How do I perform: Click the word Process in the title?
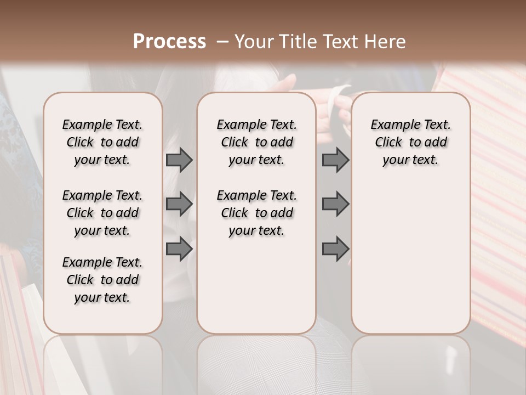point(169,42)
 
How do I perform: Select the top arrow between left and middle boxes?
point(179,160)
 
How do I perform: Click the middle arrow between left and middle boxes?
point(179,204)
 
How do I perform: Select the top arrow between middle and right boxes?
point(335,160)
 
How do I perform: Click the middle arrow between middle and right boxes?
point(335,204)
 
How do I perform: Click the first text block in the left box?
point(102,142)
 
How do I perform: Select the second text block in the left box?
point(102,213)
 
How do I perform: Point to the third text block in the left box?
point(102,280)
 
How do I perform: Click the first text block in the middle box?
point(256,142)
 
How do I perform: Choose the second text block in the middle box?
point(256,213)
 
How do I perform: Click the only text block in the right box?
point(410,142)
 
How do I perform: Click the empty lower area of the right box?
point(410,258)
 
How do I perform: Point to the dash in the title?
point(222,42)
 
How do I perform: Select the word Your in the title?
point(252,42)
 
